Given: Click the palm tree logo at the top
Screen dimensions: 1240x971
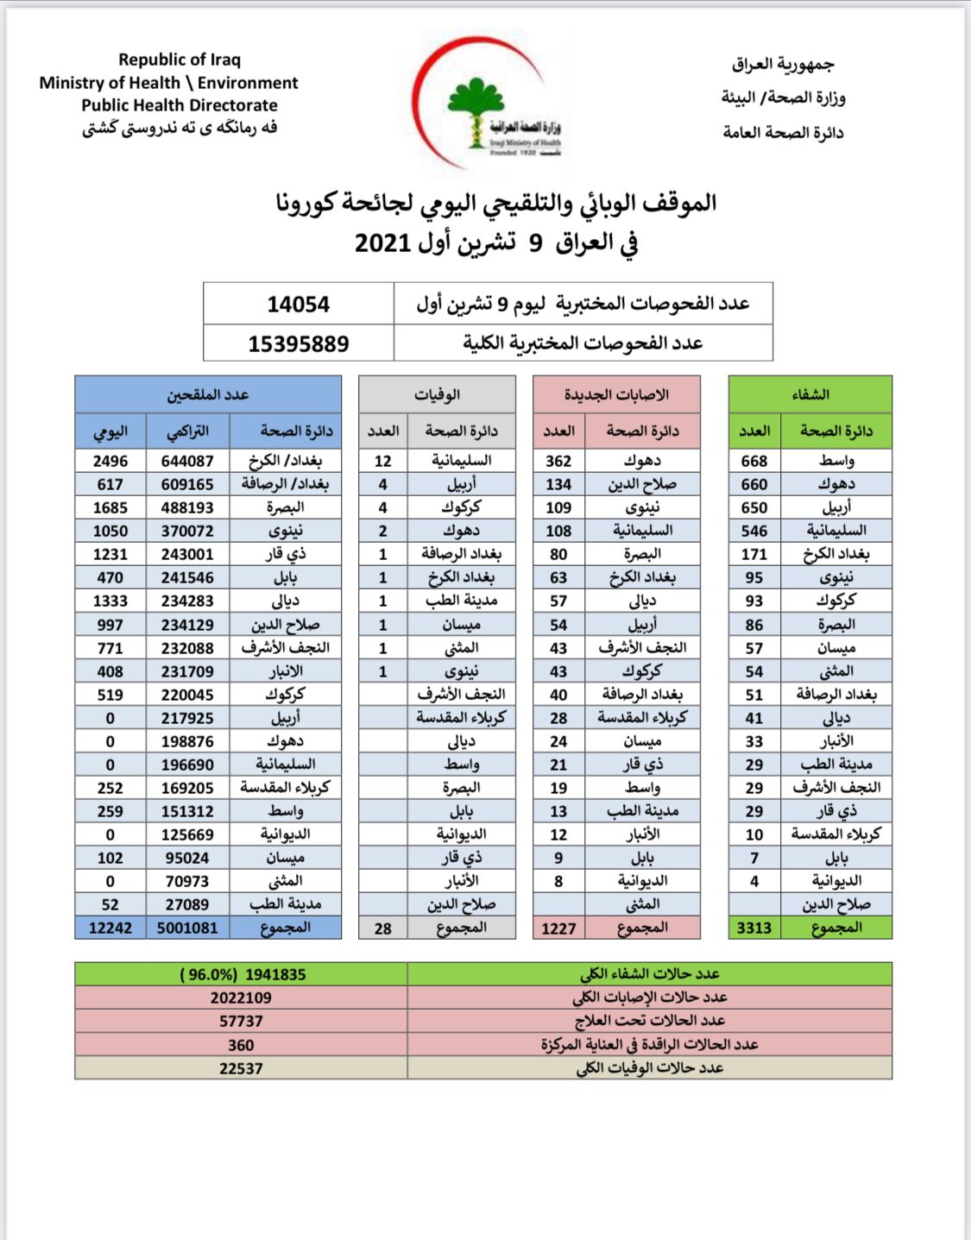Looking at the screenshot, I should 476,112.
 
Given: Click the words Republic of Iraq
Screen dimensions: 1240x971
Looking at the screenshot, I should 180,60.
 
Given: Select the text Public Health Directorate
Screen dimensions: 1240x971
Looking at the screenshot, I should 180,105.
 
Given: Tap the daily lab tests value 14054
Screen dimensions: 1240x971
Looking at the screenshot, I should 298,304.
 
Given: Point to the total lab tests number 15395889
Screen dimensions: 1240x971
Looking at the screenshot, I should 298,343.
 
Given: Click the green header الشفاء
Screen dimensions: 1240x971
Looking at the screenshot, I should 810,394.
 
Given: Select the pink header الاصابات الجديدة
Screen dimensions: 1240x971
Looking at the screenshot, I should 616,394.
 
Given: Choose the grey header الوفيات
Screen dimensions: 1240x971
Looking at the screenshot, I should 437,394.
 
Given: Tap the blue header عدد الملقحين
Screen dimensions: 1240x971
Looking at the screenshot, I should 207,394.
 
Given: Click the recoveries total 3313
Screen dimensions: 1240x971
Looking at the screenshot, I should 753,928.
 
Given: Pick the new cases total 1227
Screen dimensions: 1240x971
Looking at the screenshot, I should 558,928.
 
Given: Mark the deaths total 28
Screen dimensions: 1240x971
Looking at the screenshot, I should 382,928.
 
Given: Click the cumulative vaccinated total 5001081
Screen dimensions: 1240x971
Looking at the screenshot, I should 187,928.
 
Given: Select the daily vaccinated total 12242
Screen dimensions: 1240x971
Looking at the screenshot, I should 110,928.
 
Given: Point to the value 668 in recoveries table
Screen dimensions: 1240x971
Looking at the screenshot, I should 753,461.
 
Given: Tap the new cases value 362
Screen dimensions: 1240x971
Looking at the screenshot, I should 558,461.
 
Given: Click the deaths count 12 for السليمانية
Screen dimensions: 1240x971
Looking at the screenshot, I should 382,461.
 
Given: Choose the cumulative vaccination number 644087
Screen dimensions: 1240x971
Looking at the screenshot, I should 187,461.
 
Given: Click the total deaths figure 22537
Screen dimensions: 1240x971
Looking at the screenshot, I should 241,1068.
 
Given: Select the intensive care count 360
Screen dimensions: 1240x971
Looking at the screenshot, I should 241,1045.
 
